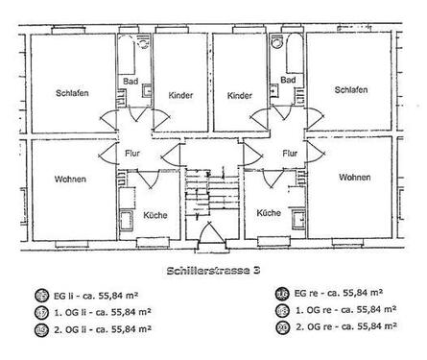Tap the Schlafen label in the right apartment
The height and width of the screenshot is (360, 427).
pos(351,90)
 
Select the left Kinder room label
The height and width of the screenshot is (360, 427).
pos(180,96)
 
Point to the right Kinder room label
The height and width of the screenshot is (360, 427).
pos(240,96)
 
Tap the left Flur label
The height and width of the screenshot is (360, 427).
pos(132,153)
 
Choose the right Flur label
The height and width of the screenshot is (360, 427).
pos(287,153)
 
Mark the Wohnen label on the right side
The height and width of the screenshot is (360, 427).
pos(354,178)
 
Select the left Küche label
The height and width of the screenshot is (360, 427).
pos(154,214)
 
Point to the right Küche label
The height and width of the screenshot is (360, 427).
pos(269,214)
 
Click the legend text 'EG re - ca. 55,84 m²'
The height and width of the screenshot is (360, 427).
pos(340,294)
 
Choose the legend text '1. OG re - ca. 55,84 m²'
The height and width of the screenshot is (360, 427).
pos(343,311)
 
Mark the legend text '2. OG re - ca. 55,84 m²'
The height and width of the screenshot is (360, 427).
pos(343,328)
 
